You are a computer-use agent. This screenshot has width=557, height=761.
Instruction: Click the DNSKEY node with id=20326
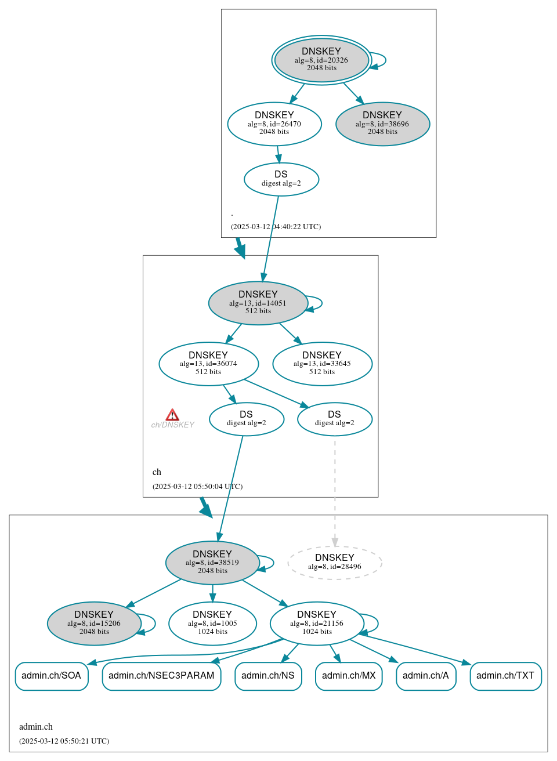(x=321, y=60)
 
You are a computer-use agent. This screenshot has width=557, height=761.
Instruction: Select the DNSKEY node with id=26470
(x=274, y=124)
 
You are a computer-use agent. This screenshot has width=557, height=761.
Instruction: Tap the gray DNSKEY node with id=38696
(x=382, y=124)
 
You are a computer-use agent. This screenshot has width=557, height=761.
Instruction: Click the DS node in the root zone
(x=281, y=179)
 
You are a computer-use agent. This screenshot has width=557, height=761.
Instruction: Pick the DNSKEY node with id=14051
(x=258, y=303)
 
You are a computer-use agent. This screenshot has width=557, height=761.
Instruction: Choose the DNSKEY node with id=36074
(x=208, y=363)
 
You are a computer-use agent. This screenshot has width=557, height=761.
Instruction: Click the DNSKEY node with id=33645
(x=322, y=363)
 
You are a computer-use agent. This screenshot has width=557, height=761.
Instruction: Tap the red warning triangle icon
(x=172, y=415)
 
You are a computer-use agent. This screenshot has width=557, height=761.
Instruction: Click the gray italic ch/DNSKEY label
(x=172, y=425)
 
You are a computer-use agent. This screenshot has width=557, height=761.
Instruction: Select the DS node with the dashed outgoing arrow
(x=334, y=418)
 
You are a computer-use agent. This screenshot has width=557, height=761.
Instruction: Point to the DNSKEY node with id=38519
(x=212, y=562)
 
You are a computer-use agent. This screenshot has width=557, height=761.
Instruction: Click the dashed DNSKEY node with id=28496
(x=335, y=562)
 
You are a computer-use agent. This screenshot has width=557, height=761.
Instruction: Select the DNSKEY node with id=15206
(x=94, y=623)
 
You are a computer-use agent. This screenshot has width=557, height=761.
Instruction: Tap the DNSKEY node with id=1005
(x=212, y=623)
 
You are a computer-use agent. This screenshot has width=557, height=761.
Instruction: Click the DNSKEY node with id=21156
(x=317, y=623)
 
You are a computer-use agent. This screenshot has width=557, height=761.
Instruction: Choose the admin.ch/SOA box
(x=52, y=676)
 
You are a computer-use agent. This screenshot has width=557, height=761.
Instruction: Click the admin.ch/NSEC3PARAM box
(x=161, y=676)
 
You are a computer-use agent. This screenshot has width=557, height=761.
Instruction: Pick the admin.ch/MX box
(x=349, y=676)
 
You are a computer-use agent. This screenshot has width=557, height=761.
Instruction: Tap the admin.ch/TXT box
(x=505, y=676)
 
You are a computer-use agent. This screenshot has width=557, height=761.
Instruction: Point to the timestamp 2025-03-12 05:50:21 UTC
(x=64, y=741)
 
